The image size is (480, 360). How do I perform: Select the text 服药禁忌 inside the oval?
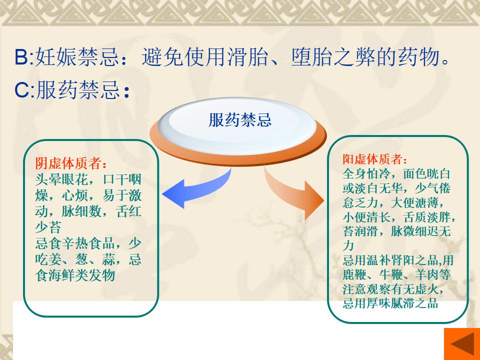pos(240,119)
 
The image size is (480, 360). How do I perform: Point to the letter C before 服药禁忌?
pos(22,90)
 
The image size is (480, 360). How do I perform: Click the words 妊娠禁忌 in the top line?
pos(77,57)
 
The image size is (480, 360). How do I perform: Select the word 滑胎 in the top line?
pos(247,57)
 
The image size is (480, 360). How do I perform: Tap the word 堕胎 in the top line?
pos(311,57)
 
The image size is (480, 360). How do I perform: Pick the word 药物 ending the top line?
pos(419,57)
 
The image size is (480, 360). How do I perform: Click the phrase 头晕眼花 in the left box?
pos(61,179)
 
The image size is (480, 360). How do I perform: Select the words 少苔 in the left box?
pos(48,227)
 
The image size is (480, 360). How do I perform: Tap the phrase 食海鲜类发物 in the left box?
pos(75,275)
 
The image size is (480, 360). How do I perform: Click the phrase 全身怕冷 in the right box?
pos(366,173)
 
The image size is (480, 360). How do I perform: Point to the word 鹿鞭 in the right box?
pos(354,274)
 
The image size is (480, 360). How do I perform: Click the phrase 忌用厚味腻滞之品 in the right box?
pos(390,303)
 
